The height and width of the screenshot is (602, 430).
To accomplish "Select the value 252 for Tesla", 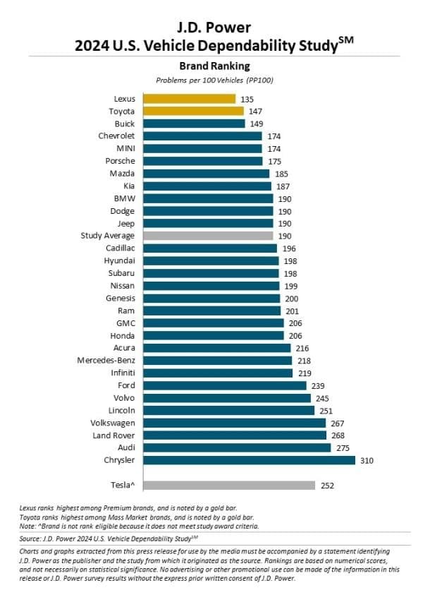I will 327,486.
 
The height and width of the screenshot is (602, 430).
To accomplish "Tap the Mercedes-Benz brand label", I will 106,361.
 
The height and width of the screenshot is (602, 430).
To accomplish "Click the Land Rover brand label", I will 113,435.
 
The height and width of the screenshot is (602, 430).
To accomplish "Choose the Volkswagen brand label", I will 111,423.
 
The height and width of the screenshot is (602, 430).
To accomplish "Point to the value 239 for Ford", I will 319,385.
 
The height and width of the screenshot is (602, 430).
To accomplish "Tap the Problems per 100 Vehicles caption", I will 214,79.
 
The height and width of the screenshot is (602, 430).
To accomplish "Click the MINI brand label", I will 125,148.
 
